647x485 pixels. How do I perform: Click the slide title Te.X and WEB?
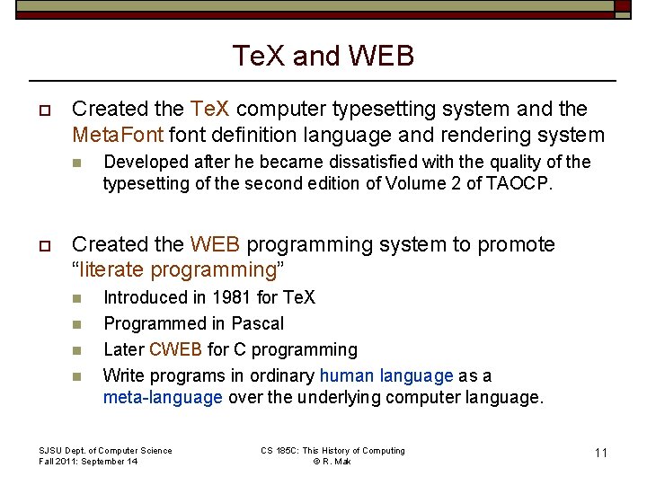(323, 56)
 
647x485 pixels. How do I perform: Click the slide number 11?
(600, 453)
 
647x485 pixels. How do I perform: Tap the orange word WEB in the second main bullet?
(215, 244)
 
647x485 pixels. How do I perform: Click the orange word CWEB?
(175, 349)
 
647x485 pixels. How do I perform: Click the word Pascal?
(257, 323)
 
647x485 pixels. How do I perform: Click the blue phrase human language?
(386, 375)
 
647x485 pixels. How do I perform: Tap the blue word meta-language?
(163, 398)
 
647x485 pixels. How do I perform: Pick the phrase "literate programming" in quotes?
(173, 269)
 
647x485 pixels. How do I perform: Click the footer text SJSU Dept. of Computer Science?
(105, 450)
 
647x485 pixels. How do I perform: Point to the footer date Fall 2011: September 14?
(88, 462)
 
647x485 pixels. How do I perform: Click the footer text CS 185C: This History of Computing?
(332, 450)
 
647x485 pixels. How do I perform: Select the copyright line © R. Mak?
(332, 462)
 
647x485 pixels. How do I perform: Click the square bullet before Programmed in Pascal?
(77, 324)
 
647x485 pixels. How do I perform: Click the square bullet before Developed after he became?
(77, 163)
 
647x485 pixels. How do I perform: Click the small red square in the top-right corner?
(622, 6)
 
